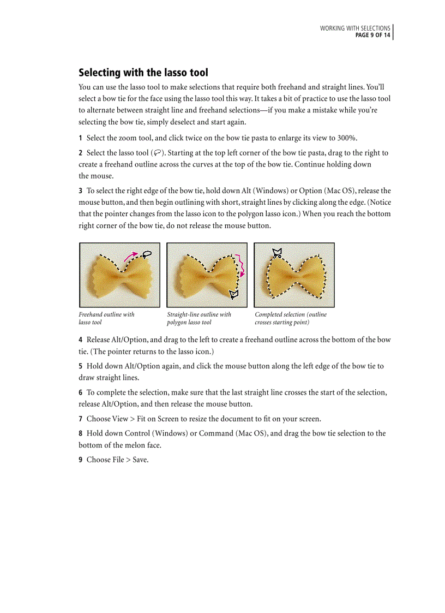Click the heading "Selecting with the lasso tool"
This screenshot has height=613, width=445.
(x=143, y=73)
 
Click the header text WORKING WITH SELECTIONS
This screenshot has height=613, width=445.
(x=354, y=28)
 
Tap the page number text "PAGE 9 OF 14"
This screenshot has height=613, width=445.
(x=372, y=35)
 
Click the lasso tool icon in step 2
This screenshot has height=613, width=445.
(x=157, y=153)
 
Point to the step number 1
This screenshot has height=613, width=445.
(x=80, y=138)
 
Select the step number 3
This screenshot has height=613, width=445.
(x=80, y=191)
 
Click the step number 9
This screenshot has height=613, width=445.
(x=80, y=460)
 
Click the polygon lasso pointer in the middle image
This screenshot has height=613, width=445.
(x=234, y=295)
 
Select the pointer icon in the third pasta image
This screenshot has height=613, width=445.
(x=277, y=252)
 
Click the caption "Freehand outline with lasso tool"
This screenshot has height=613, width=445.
(x=106, y=318)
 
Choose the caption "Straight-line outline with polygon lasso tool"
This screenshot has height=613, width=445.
(x=199, y=318)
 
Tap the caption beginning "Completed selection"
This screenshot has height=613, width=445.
(x=291, y=318)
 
